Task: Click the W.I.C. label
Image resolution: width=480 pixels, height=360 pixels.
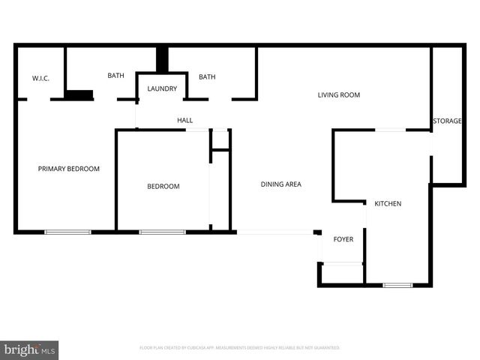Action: tap(40, 78)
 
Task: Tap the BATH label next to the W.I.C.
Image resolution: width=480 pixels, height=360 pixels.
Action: tap(115, 75)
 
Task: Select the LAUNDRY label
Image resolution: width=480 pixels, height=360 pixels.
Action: tap(162, 88)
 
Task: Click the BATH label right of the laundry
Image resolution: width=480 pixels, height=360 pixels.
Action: tap(207, 76)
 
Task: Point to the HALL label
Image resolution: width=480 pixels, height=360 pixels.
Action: tap(184, 120)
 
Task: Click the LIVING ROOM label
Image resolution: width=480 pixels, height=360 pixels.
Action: tap(339, 95)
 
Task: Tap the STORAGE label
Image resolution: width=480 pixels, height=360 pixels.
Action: tap(447, 121)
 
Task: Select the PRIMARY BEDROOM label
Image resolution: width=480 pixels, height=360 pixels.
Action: tap(68, 169)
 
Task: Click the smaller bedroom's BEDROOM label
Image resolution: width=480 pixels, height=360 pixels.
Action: tap(163, 186)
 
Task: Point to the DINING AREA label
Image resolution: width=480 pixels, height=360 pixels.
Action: tap(280, 184)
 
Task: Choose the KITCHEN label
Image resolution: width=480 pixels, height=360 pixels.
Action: tap(388, 203)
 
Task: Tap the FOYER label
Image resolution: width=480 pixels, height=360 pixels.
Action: tap(343, 239)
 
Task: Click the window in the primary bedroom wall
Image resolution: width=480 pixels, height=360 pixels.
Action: tap(67, 232)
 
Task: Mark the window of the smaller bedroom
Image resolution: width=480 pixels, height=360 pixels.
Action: tap(162, 232)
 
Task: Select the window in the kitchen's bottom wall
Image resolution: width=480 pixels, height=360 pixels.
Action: tap(397, 285)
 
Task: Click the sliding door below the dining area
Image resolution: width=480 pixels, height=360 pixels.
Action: tap(275, 232)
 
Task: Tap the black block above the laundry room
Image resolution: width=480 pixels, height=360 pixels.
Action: tap(161, 59)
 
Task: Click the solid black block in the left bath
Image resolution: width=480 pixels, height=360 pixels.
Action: tap(79, 95)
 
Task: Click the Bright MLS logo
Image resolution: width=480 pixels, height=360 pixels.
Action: tap(29, 350)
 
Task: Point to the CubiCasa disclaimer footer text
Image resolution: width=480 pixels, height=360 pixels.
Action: tap(240, 348)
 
